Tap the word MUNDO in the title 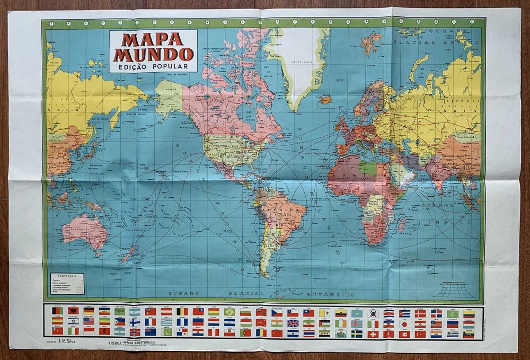point(153,54)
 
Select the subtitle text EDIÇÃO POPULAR point(153,67)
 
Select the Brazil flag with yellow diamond point(229,312)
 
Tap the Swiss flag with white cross point(373,333)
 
